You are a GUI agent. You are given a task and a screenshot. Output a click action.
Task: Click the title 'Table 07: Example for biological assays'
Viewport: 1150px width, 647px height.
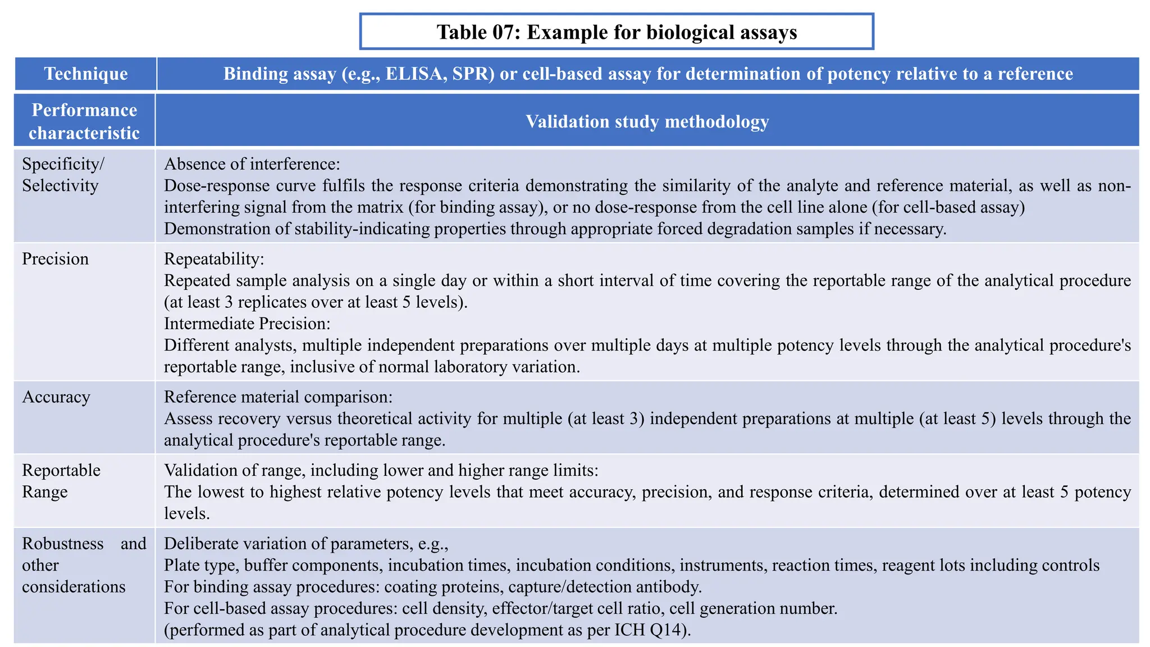[x=617, y=32]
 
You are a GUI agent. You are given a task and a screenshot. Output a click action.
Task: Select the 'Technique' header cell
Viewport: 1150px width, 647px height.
[x=86, y=74]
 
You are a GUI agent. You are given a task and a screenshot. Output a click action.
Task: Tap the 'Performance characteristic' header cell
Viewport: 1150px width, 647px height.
[x=84, y=121]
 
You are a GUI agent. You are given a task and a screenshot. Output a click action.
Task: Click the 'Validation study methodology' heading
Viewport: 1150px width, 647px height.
[x=647, y=121]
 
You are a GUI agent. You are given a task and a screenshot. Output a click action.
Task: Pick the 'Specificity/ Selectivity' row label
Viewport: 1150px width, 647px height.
[x=63, y=175]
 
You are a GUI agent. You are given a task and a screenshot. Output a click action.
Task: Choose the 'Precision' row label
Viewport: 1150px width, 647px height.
[x=55, y=259]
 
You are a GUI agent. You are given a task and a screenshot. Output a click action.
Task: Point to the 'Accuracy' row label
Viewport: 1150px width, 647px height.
[x=56, y=397]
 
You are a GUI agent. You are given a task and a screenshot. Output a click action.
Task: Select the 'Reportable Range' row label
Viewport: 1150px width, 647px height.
[x=61, y=481]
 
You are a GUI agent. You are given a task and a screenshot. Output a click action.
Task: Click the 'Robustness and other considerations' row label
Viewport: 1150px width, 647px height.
[x=84, y=565]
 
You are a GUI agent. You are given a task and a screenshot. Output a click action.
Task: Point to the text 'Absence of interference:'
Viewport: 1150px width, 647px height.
[x=252, y=164]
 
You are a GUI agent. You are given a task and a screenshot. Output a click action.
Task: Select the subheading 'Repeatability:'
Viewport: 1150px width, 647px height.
[x=214, y=259]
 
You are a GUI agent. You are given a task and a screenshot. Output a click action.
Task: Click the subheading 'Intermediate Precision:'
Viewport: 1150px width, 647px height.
[x=247, y=323]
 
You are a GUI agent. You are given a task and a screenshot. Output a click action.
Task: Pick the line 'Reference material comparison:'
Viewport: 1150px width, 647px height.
[x=278, y=397]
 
